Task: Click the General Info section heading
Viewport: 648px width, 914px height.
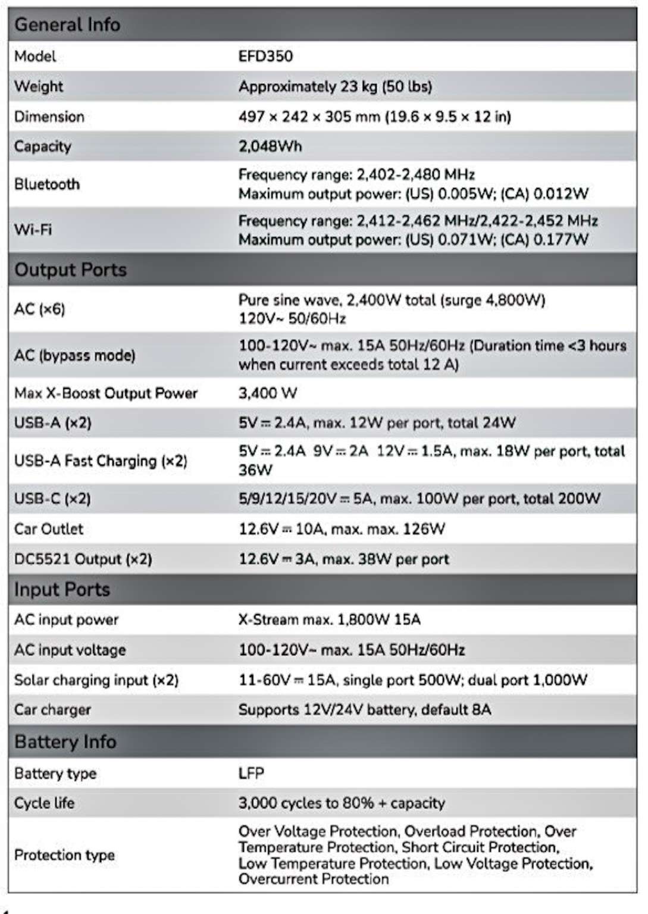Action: pyautogui.click(x=67, y=25)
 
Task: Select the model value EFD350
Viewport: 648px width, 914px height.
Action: pyautogui.click(x=265, y=57)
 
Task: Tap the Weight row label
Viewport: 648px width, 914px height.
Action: pyautogui.click(x=39, y=86)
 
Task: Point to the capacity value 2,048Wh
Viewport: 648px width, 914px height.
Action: pyautogui.click(x=270, y=146)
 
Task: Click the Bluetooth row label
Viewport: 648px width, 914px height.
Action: pyautogui.click(x=47, y=184)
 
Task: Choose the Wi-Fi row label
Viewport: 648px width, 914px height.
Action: pyautogui.click(x=33, y=229)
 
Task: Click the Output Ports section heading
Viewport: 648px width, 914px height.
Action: pyautogui.click(x=70, y=270)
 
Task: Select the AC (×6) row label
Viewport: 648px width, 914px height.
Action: pyautogui.click(x=39, y=309)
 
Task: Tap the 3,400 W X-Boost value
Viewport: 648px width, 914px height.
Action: pyautogui.click(x=268, y=393)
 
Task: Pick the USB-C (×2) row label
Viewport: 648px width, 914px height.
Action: pyautogui.click(x=52, y=499)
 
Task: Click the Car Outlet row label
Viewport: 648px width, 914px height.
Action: pyautogui.click(x=49, y=529)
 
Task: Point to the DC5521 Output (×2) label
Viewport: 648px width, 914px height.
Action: pyautogui.click(x=83, y=559)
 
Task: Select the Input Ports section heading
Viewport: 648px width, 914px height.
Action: pyautogui.click(x=62, y=590)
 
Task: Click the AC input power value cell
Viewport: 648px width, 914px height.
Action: pyautogui.click(x=329, y=620)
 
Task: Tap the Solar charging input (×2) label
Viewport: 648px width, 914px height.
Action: pyautogui.click(x=96, y=680)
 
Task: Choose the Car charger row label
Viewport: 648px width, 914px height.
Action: pyautogui.click(x=52, y=710)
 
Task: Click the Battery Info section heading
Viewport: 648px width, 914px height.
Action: pyautogui.click(x=65, y=742)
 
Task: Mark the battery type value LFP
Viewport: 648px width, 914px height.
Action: pyautogui.click(x=251, y=774)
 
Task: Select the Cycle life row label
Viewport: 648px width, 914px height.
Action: pyautogui.click(x=44, y=803)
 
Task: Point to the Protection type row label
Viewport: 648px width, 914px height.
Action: pyautogui.click(x=64, y=855)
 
